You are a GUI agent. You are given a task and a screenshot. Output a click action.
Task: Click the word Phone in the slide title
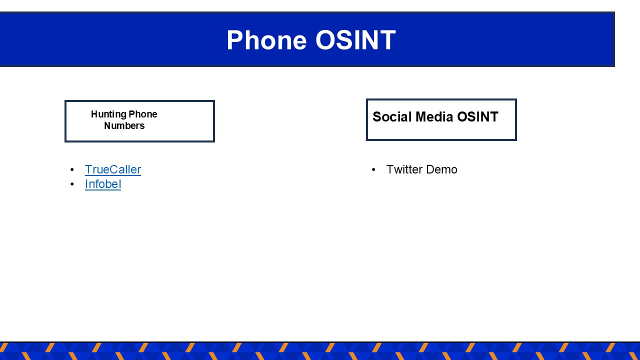266,40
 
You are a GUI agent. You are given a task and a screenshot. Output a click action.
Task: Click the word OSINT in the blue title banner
355,40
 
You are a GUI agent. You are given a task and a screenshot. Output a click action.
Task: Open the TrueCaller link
113,169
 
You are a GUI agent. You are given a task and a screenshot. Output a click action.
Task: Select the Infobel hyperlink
103,184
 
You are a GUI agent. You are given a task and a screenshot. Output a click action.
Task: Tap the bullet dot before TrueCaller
72,169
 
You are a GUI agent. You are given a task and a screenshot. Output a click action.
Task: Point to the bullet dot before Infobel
72,184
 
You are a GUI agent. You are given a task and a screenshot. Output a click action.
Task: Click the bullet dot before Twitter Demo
373,169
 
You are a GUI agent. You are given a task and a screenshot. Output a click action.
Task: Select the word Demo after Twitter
441,169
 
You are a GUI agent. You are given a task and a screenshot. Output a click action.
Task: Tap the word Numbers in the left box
124,125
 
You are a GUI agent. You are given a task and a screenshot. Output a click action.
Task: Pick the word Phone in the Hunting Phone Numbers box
143,114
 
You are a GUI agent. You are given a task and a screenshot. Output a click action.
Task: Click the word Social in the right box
392,117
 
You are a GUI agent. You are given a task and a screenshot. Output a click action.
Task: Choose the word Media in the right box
434,117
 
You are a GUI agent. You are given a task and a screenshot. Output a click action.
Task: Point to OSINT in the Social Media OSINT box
477,117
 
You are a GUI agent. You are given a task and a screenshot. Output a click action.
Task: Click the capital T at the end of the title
387,40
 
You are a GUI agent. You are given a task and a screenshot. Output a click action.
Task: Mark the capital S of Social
377,117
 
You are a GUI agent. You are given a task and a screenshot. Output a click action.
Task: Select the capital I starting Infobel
86,184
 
